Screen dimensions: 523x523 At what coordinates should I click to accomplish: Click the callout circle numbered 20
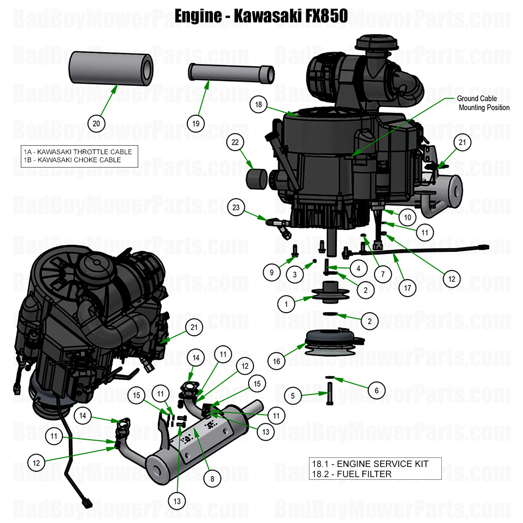tap(96, 124)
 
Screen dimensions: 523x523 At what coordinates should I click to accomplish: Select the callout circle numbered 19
tap(196, 124)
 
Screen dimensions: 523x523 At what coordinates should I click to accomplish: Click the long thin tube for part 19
tap(231, 73)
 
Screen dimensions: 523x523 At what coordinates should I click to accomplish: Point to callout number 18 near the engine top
tap(259, 105)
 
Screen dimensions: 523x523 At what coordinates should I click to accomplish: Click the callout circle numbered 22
tap(234, 142)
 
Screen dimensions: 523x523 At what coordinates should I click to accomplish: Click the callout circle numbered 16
tap(276, 361)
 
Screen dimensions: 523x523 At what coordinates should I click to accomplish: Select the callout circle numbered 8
tap(212, 479)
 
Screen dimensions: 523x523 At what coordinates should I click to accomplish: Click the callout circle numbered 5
tap(293, 396)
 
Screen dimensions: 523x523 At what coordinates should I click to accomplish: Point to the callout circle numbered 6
tap(377, 391)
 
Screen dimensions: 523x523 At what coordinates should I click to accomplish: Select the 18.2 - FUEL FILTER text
tap(352, 474)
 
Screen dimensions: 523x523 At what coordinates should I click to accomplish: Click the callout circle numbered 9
tap(272, 272)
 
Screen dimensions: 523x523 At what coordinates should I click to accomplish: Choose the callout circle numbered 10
tap(407, 218)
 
